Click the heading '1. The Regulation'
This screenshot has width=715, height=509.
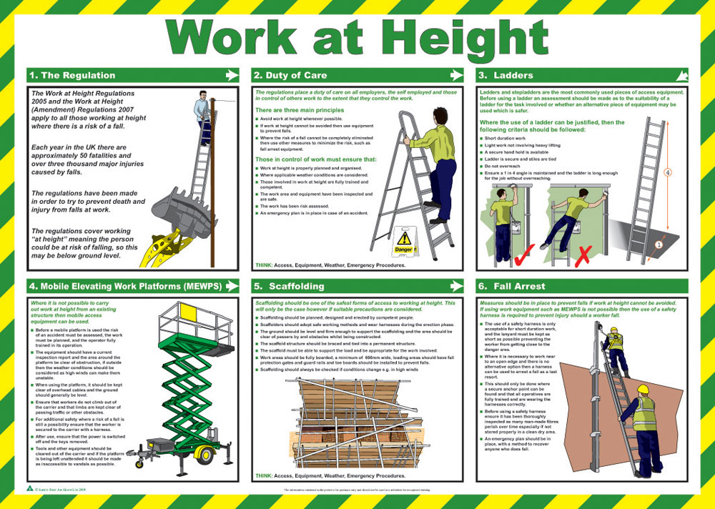71,75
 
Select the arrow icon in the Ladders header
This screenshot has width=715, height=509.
681,75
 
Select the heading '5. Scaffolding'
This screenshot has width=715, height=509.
289,286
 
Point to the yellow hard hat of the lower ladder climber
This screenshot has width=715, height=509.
642,390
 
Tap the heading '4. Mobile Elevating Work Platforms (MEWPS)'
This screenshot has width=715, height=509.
125,286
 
